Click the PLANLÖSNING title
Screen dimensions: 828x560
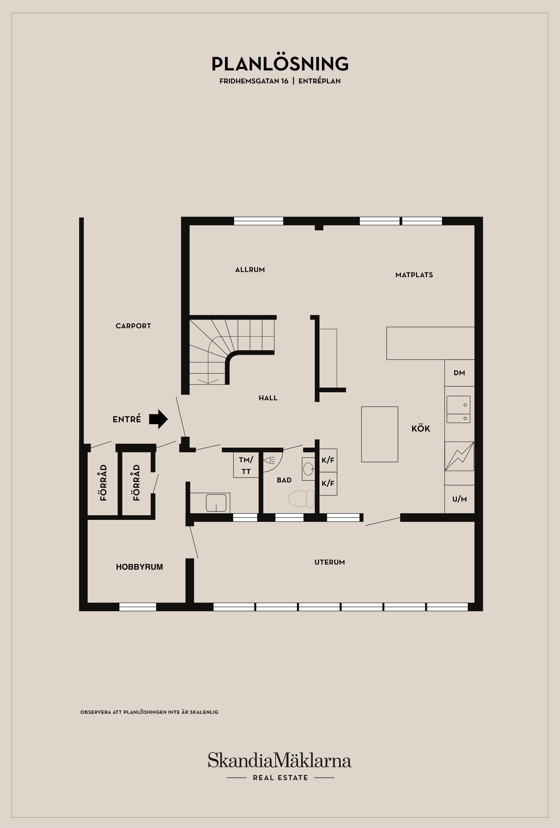tap(280, 64)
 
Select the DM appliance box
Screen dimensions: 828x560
tap(459, 373)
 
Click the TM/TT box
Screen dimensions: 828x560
tap(246, 465)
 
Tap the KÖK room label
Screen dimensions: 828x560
tap(421, 429)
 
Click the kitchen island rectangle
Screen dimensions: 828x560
tap(379, 434)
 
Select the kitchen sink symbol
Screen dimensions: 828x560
tap(459, 409)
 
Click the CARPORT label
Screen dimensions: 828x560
tap(133, 326)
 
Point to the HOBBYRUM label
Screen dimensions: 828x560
tap(139, 567)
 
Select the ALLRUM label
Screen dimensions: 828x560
tap(250, 270)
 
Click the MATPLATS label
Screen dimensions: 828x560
tap(414, 275)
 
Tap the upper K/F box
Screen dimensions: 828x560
tap(328, 460)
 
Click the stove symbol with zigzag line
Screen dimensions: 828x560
tap(459, 456)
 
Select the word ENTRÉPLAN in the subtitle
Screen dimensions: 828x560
tap(319, 81)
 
